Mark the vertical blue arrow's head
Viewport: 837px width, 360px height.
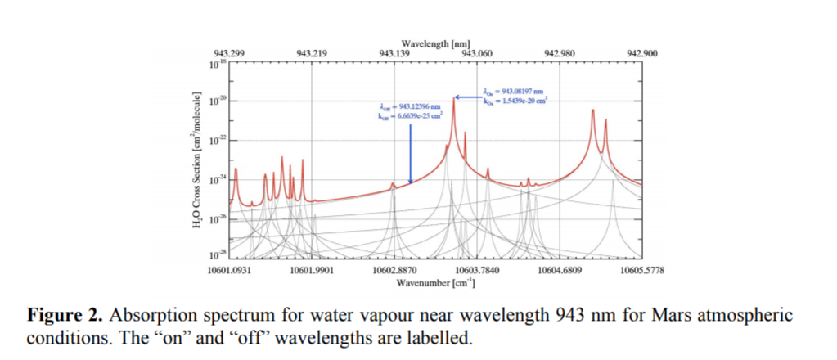point(411,181)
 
